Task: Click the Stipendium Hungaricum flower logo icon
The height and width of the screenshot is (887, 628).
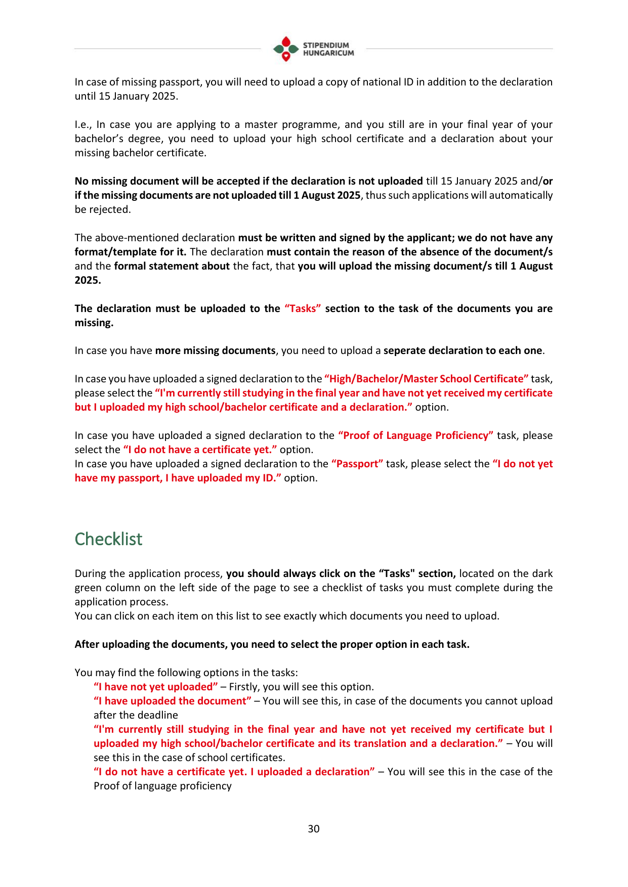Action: [x=286, y=49]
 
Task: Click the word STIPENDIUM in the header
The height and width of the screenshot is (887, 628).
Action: [x=326, y=45]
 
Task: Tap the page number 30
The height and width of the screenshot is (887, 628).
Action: [x=314, y=829]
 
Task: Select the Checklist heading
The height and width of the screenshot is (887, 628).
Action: [x=108, y=539]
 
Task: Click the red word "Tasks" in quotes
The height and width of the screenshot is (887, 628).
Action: [x=303, y=308]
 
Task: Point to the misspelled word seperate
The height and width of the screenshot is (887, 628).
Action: [x=406, y=350]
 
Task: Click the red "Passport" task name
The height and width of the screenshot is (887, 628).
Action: [x=357, y=464]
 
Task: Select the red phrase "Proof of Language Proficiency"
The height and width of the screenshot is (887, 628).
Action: [x=415, y=435]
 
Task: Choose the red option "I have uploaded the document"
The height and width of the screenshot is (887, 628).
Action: [x=173, y=701]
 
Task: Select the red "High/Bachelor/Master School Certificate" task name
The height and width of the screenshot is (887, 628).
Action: [x=427, y=379]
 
